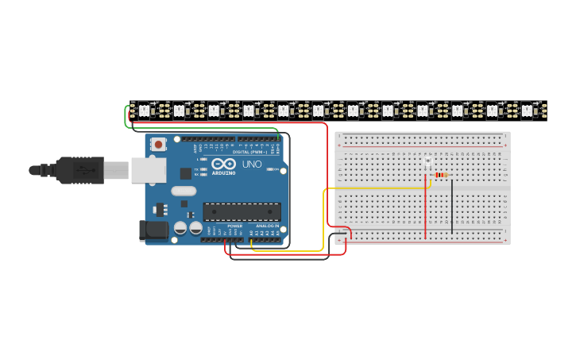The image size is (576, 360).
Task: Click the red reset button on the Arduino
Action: click(x=159, y=144)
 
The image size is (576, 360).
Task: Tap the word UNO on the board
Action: click(x=252, y=164)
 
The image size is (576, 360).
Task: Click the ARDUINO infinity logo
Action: click(x=223, y=164)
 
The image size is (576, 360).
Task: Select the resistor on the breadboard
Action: click(x=440, y=175)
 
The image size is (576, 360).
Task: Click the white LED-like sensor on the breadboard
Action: click(x=427, y=162)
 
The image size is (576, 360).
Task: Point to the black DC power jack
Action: click(x=153, y=230)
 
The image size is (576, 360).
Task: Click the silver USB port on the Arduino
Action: click(x=148, y=169)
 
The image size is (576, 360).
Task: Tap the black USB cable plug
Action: click(x=79, y=170)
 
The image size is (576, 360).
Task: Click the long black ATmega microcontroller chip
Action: click(x=242, y=211)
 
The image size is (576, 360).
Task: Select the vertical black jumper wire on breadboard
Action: click(x=452, y=207)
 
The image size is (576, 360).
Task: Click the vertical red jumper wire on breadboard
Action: click(x=425, y=211)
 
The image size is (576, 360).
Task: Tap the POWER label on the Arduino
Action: click(x=234, y=226)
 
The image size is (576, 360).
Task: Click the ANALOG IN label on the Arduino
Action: click(x=267, y=226)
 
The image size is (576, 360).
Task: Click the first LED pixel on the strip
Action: click(x=144, y=110)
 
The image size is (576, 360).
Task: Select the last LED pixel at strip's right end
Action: click(x=527, y=111)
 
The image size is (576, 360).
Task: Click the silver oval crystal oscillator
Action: click(x=183, y=191)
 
